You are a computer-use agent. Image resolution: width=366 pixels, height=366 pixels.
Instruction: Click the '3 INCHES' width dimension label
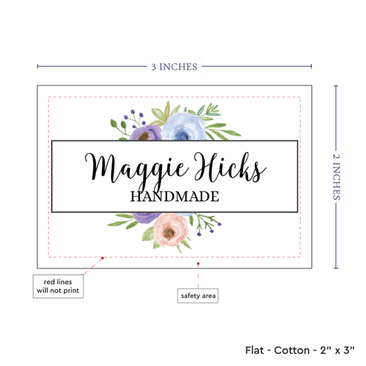(x=174, y=67)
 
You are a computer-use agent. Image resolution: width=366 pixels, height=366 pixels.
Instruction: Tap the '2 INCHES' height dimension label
(x=336, y=177)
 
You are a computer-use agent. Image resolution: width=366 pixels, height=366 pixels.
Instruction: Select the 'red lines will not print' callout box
(x=58, y=286)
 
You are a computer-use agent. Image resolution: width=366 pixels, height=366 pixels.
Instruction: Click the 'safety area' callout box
(x=198, y=295)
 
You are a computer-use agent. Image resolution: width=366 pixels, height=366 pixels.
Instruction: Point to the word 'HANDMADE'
(x=174, y=196)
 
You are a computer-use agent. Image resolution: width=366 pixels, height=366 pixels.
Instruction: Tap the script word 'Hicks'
(x=230, y=167)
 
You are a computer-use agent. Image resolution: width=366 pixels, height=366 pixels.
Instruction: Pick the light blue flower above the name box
(x=184, y=126)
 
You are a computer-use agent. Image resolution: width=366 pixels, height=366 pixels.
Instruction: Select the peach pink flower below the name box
(x=170, y=230)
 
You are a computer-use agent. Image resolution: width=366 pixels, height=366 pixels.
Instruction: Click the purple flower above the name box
(x=146, y=134)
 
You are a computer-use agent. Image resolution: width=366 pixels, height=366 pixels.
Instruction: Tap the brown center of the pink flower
(x=169, y=233)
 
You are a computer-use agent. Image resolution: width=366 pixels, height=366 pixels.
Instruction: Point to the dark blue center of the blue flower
(x=182, y=135)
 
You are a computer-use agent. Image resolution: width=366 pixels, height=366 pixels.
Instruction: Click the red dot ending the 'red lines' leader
(x=102, y=258)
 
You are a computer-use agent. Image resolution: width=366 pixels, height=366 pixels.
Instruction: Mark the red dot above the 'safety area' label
(x=198, y=264)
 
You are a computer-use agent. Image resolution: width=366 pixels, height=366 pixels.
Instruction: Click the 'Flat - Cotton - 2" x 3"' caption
(x=299, y=350)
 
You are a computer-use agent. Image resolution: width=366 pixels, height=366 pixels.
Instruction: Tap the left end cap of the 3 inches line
(x=37, y=67)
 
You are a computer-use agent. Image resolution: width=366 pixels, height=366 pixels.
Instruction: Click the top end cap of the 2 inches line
(x=336, y=86)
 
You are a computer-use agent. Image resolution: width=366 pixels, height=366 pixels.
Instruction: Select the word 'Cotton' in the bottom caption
(x=291, y=350)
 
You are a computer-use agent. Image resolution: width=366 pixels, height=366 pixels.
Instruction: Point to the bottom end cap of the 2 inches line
(x=336, y=268)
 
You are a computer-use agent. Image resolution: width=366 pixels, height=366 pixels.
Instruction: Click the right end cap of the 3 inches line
(x=311, y=67)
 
